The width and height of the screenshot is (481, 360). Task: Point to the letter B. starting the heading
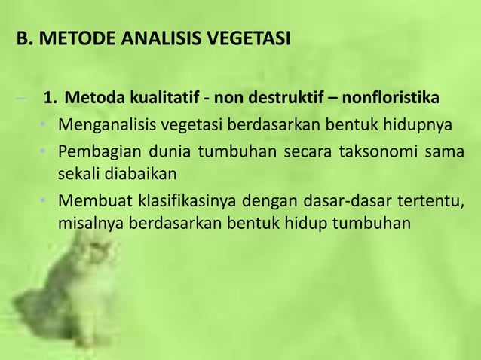tap(25, 38)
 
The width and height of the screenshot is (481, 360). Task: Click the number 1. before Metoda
tap(51, 99)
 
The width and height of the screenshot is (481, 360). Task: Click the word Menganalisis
tap(109, 123)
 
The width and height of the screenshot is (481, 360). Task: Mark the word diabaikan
tap(136, 174)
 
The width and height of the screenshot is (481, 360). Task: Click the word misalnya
tap(90, 224)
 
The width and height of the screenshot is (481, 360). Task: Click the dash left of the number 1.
tap(26, 99)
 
